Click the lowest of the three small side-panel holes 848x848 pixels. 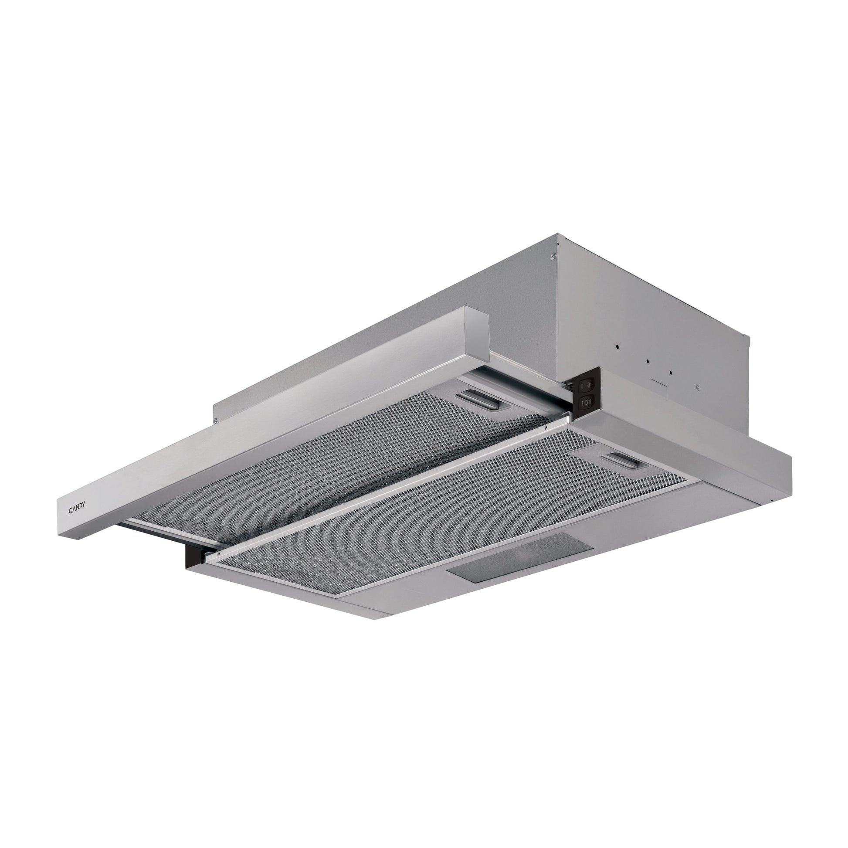pos(671,373)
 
